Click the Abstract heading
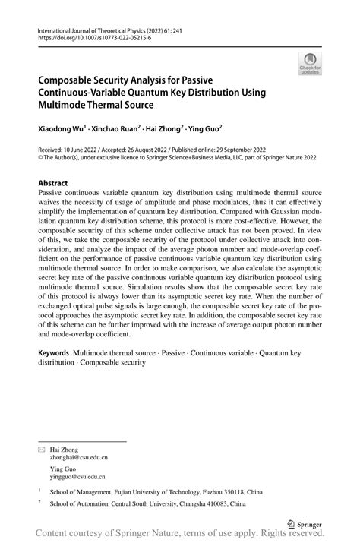click(x=53, y=184)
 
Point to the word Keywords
click(x=54, y=354)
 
